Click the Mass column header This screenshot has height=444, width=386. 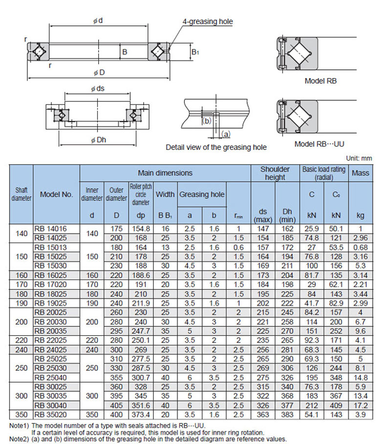tap(361, 173)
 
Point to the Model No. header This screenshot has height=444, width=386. tap(56, 194)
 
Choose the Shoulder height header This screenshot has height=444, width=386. tap(275, 173)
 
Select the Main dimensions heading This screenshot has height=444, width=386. tap(165, 173)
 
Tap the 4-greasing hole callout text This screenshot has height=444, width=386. tap(208, 21)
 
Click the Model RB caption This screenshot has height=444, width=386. tap(321, 81)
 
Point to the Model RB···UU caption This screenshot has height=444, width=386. tap(321, 144)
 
